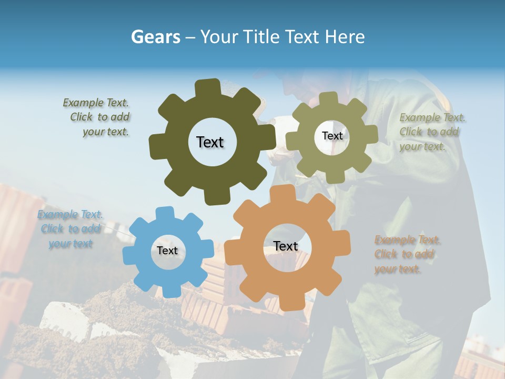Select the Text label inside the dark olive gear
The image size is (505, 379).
(210, 142)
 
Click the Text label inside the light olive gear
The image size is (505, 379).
(332, 136)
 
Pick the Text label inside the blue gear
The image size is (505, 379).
(167, 251)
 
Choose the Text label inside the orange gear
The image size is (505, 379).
(286, 246)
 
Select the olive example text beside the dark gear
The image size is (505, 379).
(97, 117)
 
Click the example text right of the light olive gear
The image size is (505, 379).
(431, 132)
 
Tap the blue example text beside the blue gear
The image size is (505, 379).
(70, 229)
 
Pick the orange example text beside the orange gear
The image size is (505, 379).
(407, 255)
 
